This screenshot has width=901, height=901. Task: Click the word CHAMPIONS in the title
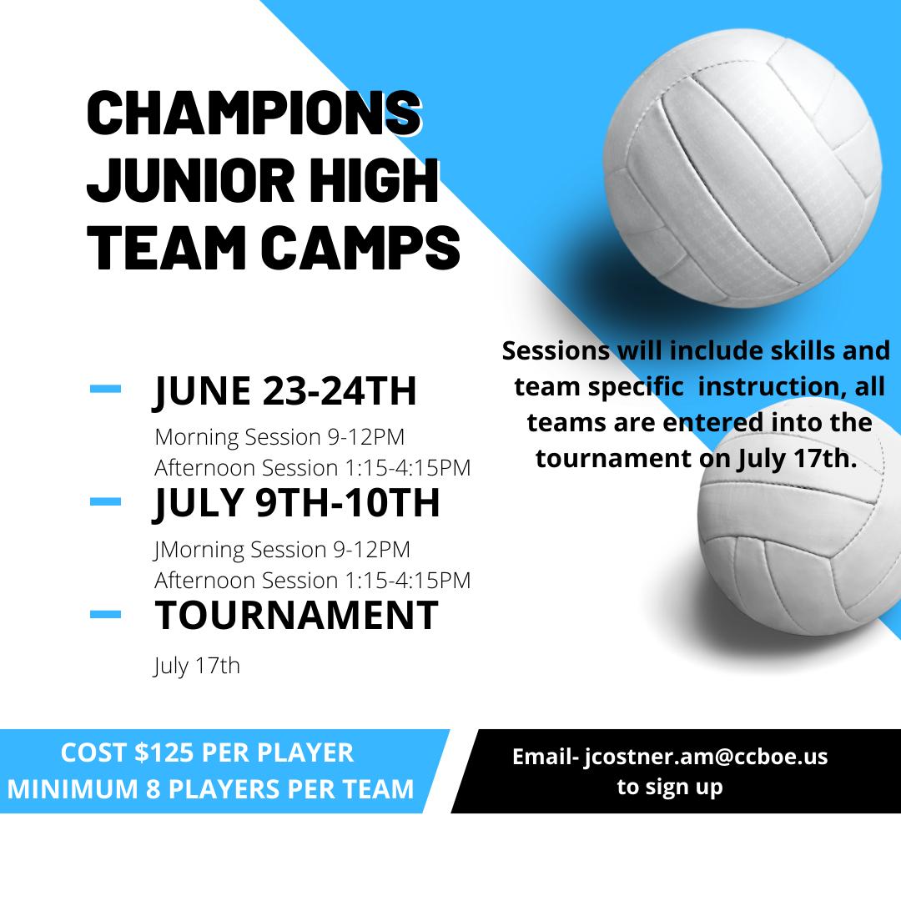(254, 113)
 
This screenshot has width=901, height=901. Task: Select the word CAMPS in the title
(360, 248)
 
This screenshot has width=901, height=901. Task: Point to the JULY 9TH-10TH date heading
(296, 503)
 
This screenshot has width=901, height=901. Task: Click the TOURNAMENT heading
(296, 616)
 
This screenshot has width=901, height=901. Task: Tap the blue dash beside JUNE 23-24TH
(106, 389)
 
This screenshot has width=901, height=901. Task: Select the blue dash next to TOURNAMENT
(106, 614)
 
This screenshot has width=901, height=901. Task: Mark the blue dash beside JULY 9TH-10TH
(106, 501)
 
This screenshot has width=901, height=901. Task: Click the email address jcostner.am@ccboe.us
(707, 757)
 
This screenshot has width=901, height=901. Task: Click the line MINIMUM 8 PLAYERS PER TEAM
(210, 789)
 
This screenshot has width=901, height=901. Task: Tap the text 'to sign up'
(670, 787)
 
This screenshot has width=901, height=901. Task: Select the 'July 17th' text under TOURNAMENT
(197, 667)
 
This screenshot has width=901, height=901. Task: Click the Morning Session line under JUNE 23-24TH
(279, 437)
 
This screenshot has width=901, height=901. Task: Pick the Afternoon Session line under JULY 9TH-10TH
(313, 580)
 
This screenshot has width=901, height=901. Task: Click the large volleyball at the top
(742, 168)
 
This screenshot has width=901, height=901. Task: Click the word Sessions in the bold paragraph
(556, 350)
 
